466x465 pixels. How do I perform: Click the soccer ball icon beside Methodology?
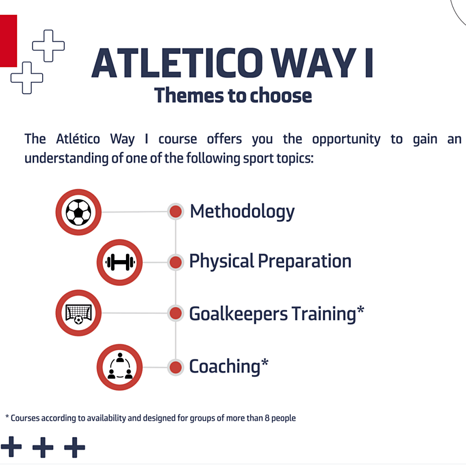coord(79,212)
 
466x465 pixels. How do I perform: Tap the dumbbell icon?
coord(120,262)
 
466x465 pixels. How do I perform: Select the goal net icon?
coord(79,313)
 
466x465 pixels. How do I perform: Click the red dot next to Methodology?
coord(176,211)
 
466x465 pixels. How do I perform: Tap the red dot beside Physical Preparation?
coord(176,262)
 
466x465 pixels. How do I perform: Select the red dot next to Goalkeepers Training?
coord(176,313)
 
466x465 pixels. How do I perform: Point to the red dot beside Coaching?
coord(176,367)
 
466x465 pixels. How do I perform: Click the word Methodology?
coord(242,212)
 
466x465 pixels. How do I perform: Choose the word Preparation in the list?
coord(305,261)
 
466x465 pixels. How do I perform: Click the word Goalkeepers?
coord(239,314)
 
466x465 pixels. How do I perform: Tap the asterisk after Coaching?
coord(265,362)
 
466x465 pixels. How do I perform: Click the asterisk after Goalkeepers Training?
coord(360,310)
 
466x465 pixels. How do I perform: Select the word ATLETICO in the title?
coord(177,63)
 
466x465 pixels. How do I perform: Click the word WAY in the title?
coord(314,63)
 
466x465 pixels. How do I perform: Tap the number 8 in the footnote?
coord(267,418)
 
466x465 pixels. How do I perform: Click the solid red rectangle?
coord(8,41)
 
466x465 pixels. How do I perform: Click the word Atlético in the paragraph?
coord(78,139)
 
